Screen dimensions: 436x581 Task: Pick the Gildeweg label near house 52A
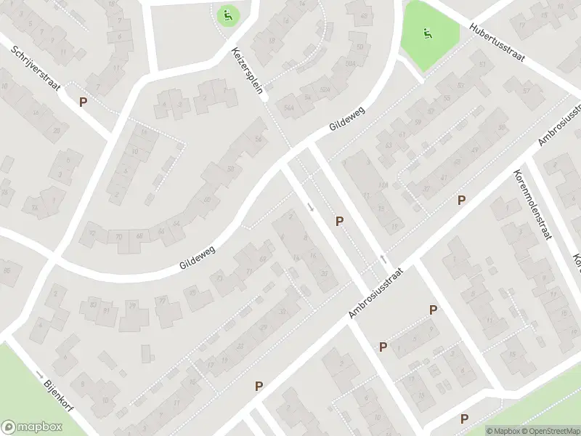pos(347,118)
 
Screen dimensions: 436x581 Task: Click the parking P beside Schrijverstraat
pos(83,102)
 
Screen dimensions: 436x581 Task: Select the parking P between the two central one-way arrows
pos(339,221)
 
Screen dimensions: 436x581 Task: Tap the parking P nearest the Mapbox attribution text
pos(464,419)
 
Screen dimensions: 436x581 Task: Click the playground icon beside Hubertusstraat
pos(427,33)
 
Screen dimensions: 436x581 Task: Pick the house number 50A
pos(352,64)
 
